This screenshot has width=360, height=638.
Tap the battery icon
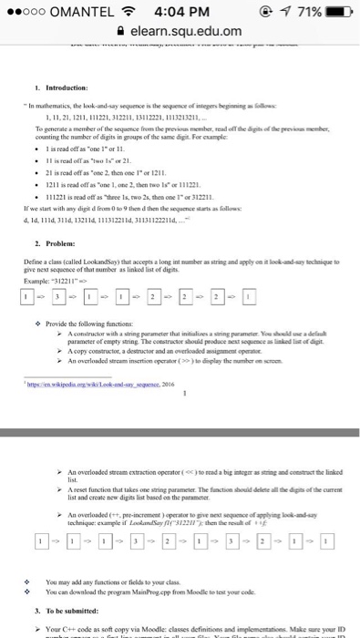pyautogui.click(x=337, y=13)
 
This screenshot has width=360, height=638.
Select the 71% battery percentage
pyautogui.click(x=306, y=13)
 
